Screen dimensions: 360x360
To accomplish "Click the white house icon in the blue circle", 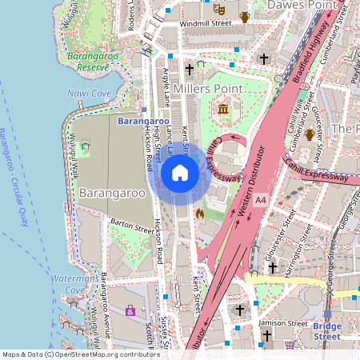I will tap(180, 172).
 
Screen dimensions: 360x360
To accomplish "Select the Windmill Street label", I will tap(205, 24).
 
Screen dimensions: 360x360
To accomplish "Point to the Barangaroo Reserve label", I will tap(94, 62).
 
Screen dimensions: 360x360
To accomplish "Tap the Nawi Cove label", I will tap(89, 94).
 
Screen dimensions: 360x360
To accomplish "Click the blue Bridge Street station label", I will tap(326, 331).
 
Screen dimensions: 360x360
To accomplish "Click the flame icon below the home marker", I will tap(199, 214).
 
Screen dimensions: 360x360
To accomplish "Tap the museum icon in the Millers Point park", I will tap(222, 108).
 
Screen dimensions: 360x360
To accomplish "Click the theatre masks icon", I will tap(218, 9).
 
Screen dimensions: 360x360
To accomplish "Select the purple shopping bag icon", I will tap(130, 310).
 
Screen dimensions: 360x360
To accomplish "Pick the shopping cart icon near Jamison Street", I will tap(290, 345).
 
